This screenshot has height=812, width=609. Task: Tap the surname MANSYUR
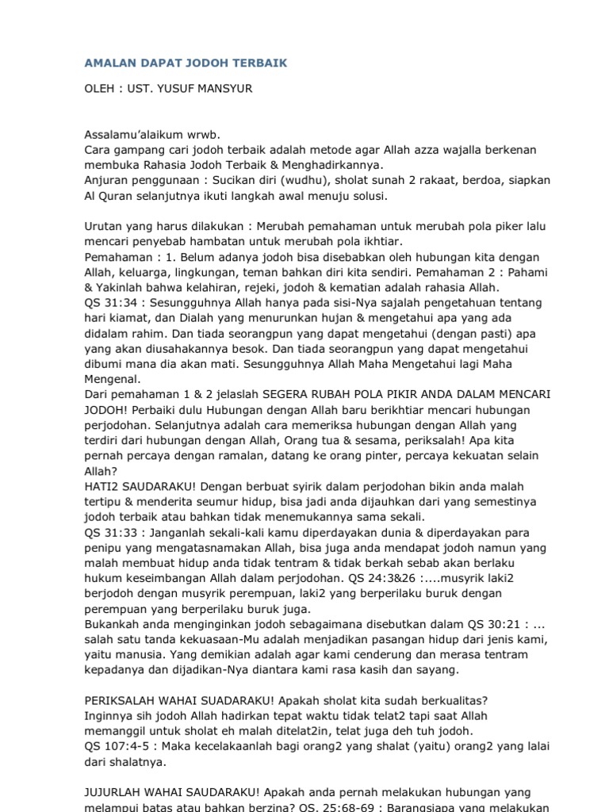pos(228,89)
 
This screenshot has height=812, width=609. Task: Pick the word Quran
pos(121,196)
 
